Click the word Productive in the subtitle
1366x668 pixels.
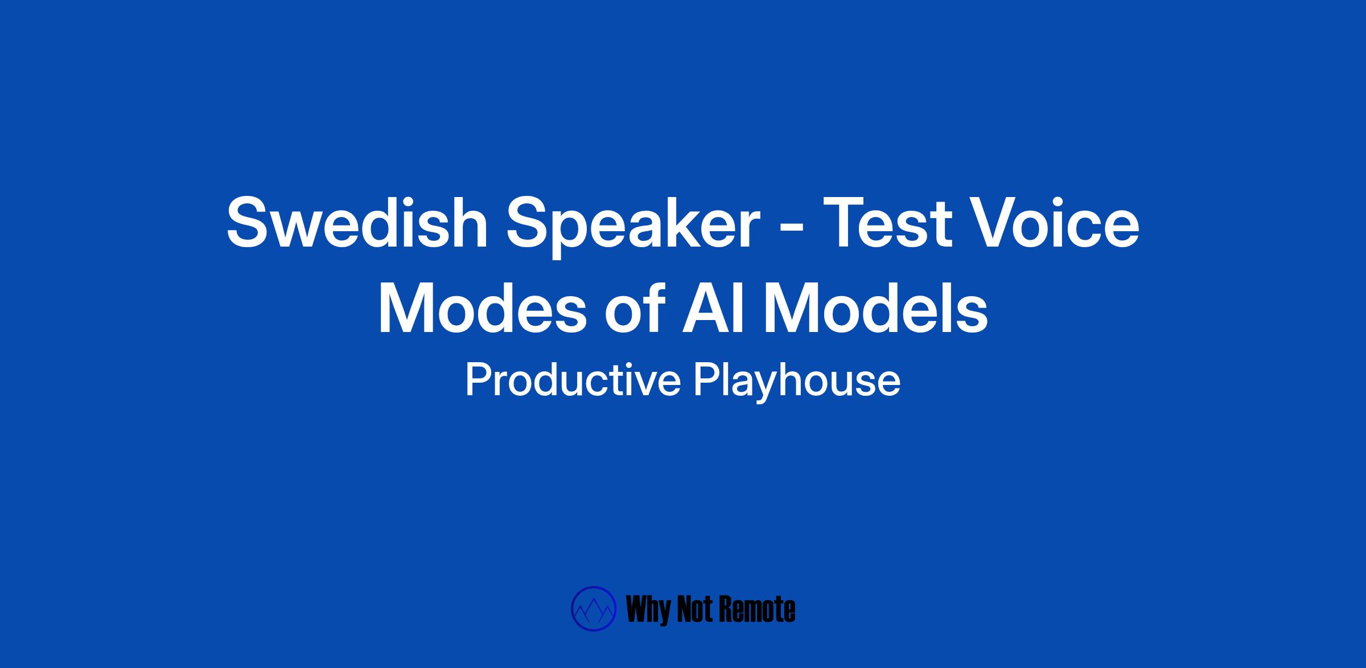(573, 381)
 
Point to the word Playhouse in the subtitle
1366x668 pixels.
(797, 383)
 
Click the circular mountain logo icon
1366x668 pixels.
(594, 609)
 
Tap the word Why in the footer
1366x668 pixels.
(647, 610)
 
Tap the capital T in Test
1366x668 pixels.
(838, 223)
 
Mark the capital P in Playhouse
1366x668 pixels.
(707, 380)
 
